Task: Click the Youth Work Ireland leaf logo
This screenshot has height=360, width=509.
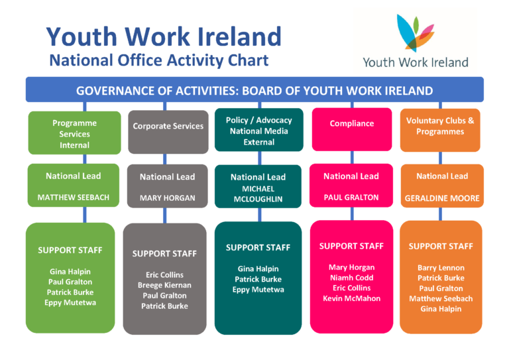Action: (x=416, y=33)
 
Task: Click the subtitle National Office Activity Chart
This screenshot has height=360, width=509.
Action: (x=159, y=60)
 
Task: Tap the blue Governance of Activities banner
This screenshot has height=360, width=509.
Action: (x=254, y=90)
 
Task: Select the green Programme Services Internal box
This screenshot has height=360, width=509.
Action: (x=75, y=133)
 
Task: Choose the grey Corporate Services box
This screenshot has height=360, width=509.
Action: (x=168, y=132)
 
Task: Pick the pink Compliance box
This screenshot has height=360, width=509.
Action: (x=352, y=129)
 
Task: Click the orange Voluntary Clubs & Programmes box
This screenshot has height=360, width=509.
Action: (x=440, y=130)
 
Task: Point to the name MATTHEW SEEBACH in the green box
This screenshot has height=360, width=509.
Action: (x=74, y=198)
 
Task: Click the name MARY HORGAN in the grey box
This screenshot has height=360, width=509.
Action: (x=168, y=198)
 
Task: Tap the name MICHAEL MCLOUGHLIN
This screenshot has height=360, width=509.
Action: (x=258, y=194)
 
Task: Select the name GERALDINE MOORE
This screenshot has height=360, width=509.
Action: (x=442, y=198)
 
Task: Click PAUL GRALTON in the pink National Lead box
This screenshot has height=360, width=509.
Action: (x=351, y=198)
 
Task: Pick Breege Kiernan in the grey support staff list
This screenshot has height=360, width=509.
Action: (x=164, y=285)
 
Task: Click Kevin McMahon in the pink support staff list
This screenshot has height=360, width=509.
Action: (x=351, y=298)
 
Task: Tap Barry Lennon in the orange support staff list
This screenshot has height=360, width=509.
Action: (x=441, y=268)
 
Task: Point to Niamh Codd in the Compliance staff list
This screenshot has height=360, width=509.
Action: (x=351, y=278)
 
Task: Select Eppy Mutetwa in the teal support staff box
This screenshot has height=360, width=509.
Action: (x=258, y=290)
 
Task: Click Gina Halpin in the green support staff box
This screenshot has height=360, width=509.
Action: (x=70, y=272)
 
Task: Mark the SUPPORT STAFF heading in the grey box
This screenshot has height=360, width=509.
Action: (x=164, y=253)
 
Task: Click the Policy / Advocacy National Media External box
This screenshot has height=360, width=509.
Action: (x=259, y=130)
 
